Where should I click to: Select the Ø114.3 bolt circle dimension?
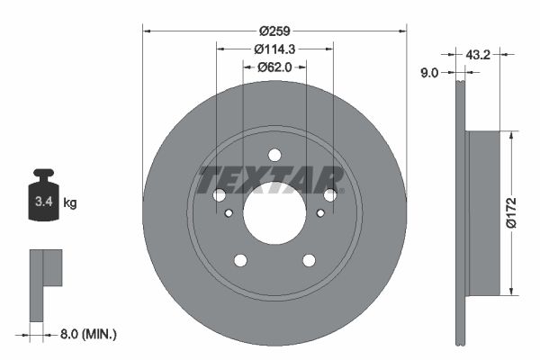point(274,49)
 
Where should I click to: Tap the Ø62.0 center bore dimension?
point(274,67)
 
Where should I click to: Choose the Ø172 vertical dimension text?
point(511,212)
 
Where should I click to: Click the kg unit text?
point(70,203)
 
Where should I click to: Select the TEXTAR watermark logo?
point(271,180)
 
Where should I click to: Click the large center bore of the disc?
point(274,213)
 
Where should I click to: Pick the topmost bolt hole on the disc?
point(274,155)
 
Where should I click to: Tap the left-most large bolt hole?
point(219,195)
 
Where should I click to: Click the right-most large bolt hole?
point(330,195)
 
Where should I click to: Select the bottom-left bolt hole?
point(240,260)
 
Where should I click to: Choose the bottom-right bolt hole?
point(309,260)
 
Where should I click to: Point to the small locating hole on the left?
point(229,213)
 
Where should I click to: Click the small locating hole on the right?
point(320,213)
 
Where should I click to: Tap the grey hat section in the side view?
point(483,213)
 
